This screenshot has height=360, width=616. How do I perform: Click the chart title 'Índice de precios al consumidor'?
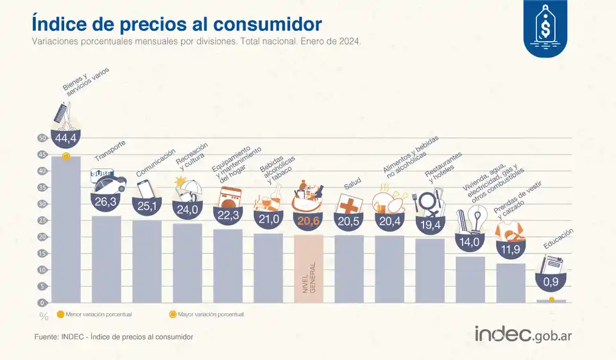pyautogui.click(x=176, y=24)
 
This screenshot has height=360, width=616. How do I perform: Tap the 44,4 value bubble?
pyautogui.click(x=65, y=139)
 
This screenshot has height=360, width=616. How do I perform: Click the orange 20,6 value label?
pyautogui.click(x=308, y=219)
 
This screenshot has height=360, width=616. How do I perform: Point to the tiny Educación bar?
pyautogui.click(x=551, y=300)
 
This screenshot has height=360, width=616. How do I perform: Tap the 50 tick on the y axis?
pyautogui.click(x=42, y=138)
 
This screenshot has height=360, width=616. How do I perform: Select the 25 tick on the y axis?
pyautogui.click(x=42, y=220)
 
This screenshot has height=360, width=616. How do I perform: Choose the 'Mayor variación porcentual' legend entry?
pyautogui.click(x=205, y=314)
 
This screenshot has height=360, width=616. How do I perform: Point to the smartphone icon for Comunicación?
pyautogui.click(x=146, y=189)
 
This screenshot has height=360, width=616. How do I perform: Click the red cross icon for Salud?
pyautogui.click(x=349, y=203)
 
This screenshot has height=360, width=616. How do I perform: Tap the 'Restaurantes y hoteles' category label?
pyautogui.click(x=441, y=167)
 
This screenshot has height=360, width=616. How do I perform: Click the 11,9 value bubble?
pyautogui.click(x=511, y=248)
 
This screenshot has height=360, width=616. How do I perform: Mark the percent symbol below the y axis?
pyautogui.click(x=44, y=316)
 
